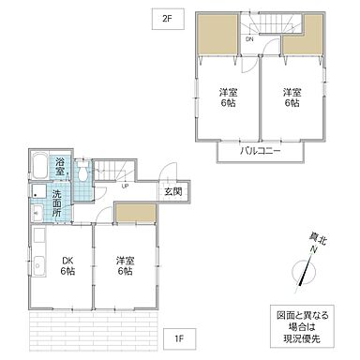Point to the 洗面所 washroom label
pyautogui.click(x=59, y=200)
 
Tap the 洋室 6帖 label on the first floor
pyautogui.click(x=126, y=266)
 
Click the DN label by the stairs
pyautogui.click(x=250, y=39)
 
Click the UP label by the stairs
pyautogui.click(x=125, y=185)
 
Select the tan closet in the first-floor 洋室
pyautogui.click(x=134, y=214)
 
